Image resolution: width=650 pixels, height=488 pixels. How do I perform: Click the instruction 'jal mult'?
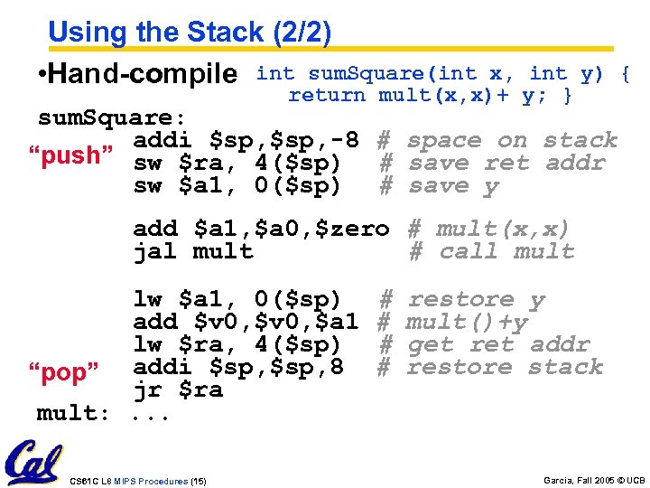click(x=193, y=252)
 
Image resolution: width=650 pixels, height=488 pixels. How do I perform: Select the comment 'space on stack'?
click(x=512, y=141)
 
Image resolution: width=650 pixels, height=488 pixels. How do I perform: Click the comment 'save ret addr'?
click(x=506, y=164)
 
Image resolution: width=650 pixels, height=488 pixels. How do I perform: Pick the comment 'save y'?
click(x=453, y=186)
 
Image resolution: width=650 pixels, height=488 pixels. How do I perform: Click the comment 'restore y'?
click(x=476, y=299)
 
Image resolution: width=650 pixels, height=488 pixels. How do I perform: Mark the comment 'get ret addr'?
click(x=498, y=344)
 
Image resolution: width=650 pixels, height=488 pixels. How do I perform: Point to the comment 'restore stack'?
click(x=504, y=367)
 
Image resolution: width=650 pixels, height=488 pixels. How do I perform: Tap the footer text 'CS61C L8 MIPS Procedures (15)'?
click(x=137, y=481)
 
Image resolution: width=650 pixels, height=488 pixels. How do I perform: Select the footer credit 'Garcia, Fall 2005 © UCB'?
click(x=594, y=481)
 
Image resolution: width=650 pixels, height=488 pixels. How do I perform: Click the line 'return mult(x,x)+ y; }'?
click(x=430, y=96)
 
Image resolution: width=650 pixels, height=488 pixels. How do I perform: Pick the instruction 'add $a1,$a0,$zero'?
click(x=261, y=230)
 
